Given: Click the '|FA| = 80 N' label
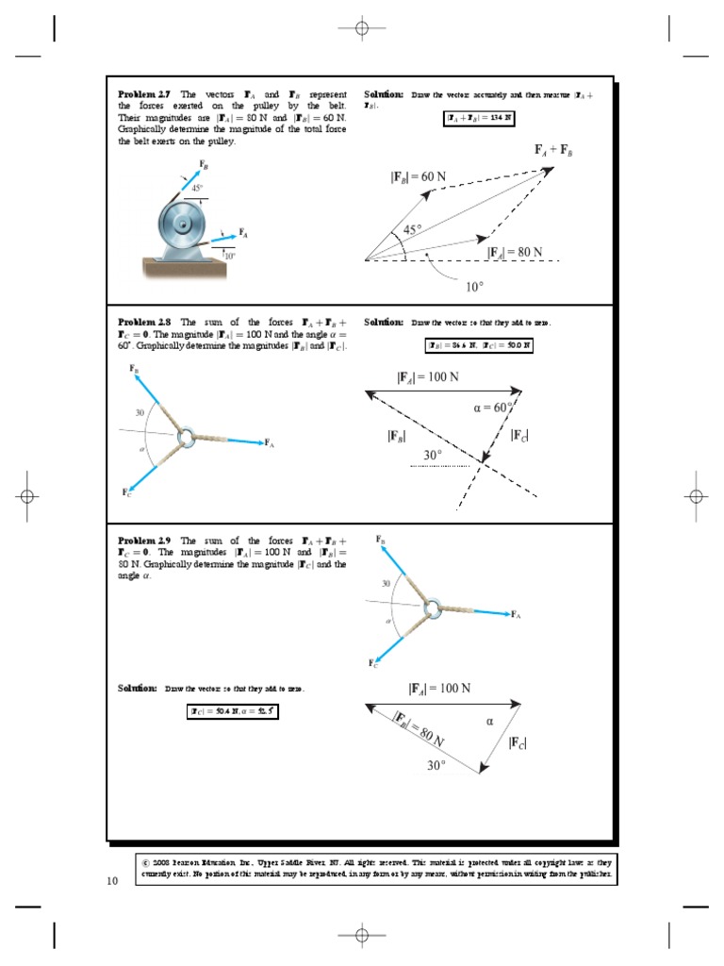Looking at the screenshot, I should pos(515,252).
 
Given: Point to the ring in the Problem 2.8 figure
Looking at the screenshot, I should pos(185,437).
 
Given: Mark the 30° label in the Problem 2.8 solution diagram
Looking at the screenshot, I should pos(433,455).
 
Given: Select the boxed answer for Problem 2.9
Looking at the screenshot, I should pos(232,711).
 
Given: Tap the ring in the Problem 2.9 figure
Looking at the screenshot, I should pos(432,608).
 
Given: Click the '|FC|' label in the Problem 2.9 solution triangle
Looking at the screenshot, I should pos(518,743).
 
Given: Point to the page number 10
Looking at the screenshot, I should pos(112,881).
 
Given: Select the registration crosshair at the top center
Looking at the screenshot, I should pos(361,28).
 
